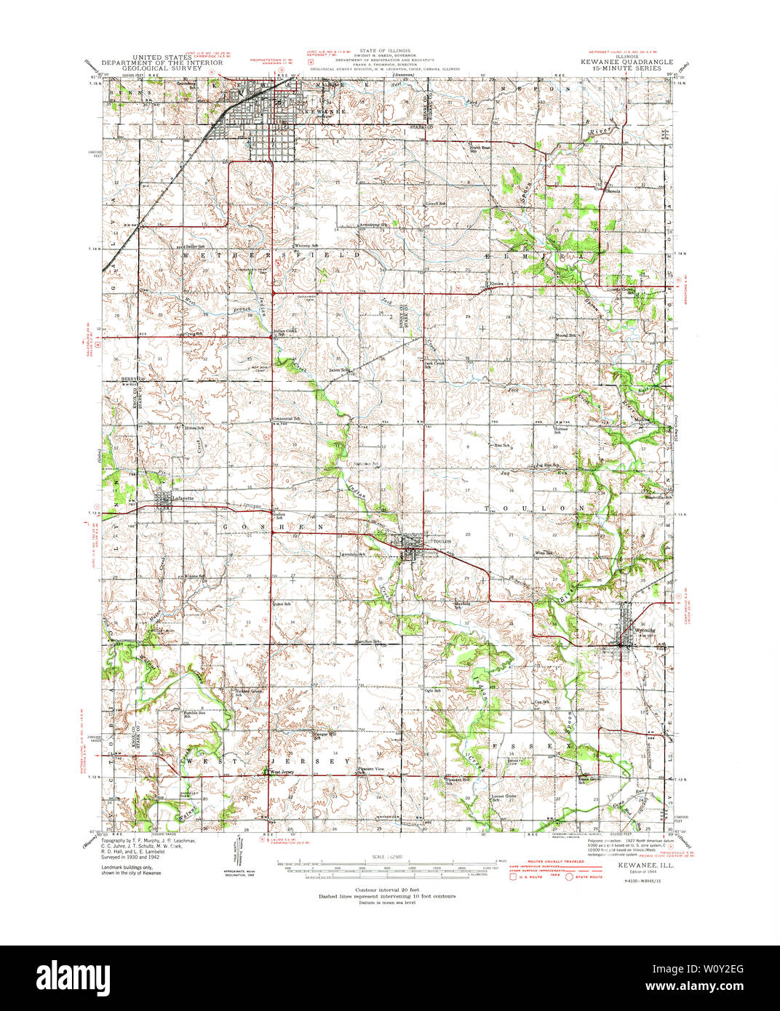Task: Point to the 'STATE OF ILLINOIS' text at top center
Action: click(389, 51)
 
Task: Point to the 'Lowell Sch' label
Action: click(435, 204)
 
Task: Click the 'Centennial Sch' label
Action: click(287, 419)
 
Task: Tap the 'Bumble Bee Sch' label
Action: click(194, 714)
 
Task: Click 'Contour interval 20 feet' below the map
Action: click(386, 891)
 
